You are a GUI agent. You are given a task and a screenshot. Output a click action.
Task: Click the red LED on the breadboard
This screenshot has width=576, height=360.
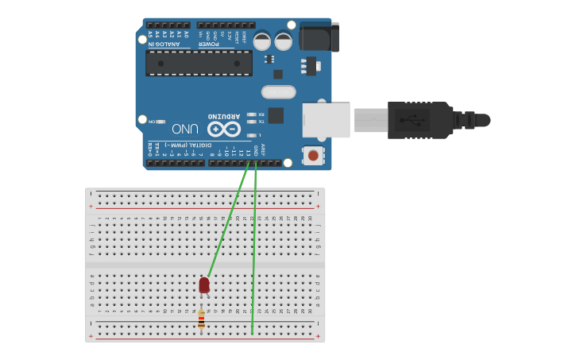(x=204, y=284)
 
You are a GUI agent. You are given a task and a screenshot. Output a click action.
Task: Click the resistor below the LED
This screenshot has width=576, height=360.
(x=201, y=319)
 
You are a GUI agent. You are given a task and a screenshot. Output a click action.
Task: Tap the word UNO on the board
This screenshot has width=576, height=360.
(x=185, y=128)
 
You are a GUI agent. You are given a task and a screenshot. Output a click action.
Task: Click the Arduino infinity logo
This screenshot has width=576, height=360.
(x=223, y=129)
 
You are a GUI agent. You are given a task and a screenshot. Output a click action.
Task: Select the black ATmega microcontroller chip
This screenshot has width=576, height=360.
(x=199, y=63)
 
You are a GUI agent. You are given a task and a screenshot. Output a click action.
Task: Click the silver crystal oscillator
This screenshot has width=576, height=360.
(x=277, y=92)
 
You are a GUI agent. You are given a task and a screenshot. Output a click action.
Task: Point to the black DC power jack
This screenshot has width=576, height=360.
(x=319, y=37)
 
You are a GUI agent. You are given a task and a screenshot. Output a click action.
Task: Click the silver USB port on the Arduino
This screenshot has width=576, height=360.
(x=326, y=120)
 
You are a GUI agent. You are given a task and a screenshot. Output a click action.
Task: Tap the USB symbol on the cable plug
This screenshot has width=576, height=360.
(x=412, y=121)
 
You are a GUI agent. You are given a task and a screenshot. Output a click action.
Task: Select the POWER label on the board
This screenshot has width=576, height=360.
(x=208, y=45)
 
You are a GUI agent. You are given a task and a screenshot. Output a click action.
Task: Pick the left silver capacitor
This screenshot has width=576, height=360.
(x=262, y=40)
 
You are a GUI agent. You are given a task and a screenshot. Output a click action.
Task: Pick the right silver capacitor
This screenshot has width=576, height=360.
(x=284, y=40)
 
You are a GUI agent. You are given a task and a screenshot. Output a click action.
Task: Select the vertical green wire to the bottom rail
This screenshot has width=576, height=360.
(x=254, y=254)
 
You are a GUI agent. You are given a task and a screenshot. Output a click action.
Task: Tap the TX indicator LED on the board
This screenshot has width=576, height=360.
(x=251, y=122)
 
